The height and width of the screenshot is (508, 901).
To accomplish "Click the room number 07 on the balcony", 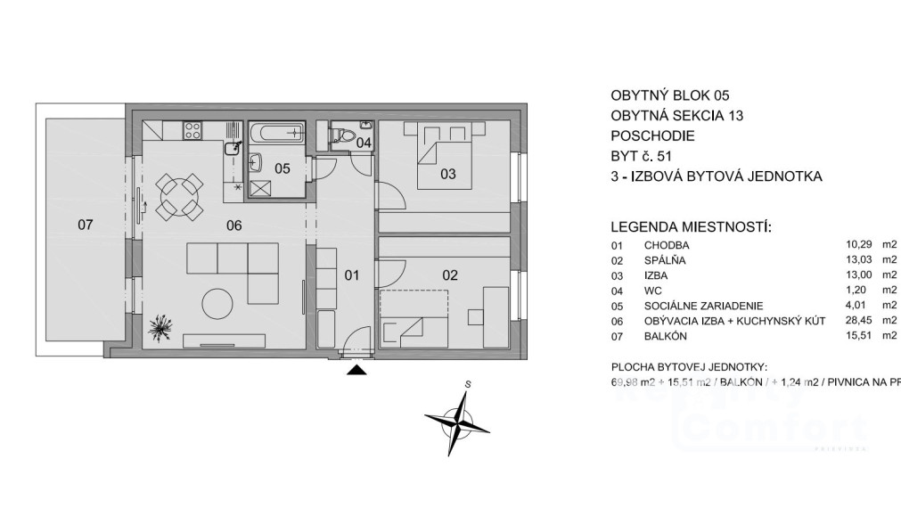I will pyautogui.click(x=85, y=225).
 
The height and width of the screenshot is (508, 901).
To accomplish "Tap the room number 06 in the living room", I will pyautogui.click(x=233, y=225).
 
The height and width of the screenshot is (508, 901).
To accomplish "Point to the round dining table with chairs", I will pyautogui.click(x=179, y=197).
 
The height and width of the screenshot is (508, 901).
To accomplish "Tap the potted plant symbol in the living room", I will pyautogui.click(x=161, y=328).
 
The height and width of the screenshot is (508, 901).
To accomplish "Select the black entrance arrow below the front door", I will pyautogui.click(x=356, y=370).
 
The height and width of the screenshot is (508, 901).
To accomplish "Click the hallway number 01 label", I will pyautogui.click(x=351, y=275).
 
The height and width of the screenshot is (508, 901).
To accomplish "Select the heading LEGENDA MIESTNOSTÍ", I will pyautogui.click(x=690, y=228).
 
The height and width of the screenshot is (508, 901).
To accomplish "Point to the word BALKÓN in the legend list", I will pyautogui.click(x=664, y=336).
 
